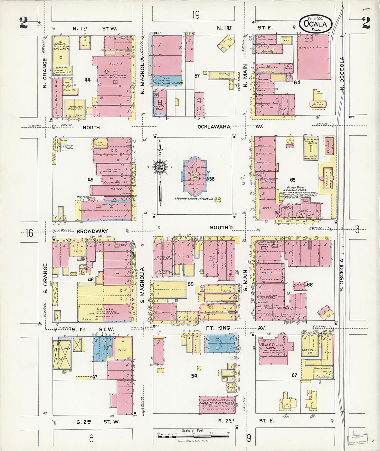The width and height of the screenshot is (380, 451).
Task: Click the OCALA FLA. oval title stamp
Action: coord(316,24)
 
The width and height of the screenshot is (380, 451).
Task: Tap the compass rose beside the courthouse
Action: coord(160,167)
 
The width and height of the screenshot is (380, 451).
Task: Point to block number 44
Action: coord(87,80)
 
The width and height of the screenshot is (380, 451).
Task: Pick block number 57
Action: coord(197,76)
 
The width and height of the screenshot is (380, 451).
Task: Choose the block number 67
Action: coord(294,375)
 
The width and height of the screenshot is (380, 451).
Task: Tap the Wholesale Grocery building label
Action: coord(313,47)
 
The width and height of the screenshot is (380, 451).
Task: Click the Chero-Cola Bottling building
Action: coord(217,403)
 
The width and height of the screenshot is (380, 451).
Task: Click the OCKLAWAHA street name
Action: coord(214,127)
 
